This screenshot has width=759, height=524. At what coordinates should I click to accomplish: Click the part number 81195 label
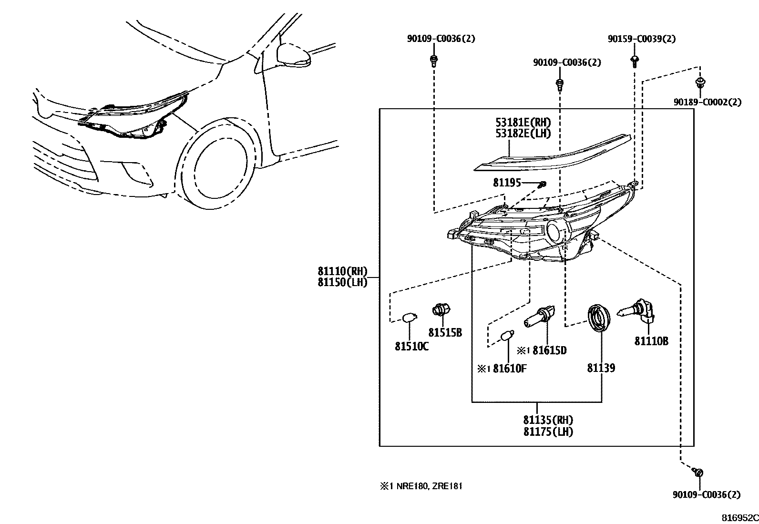coord(507,183)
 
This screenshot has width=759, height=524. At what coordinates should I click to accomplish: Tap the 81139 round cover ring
coord(599,317)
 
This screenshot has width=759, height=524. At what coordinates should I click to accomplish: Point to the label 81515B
coord(445,333)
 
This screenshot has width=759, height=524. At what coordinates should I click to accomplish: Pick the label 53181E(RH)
coord(523,123)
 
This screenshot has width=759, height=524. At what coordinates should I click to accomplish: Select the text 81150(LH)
coord(342,282)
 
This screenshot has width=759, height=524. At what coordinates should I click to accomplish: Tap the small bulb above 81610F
coord(506,337)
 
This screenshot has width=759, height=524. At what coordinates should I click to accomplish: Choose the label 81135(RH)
coord(548,421)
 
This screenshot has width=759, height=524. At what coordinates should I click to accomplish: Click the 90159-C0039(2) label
coord(641,39)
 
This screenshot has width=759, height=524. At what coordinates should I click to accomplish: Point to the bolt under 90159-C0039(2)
coord(635,60)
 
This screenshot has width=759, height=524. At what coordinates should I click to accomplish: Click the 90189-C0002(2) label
coord(707,102)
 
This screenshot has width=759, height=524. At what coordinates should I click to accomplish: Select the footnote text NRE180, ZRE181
coord(427,486)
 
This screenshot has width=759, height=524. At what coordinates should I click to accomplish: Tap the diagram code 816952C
coord(739,518)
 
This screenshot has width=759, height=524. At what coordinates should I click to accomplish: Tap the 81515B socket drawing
coord(441,310)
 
